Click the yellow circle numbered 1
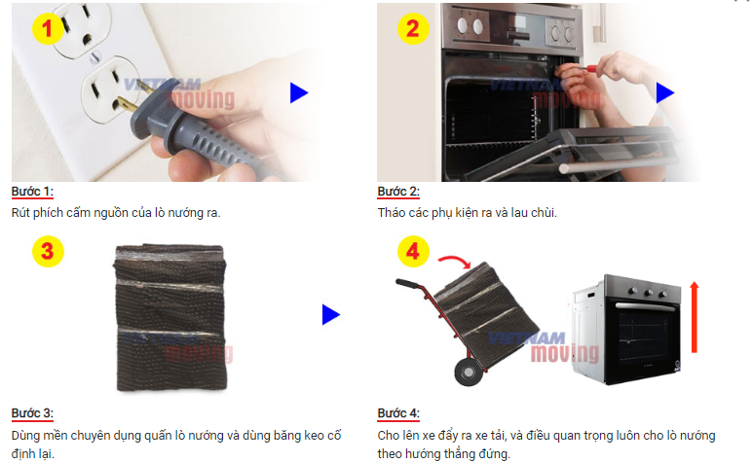pyautogui.click(x=48, y=29)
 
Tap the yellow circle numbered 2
pyautogui.click(x=413, y=29)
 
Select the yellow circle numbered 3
pyautogui.click(x=48, y=251)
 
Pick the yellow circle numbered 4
pyautogui.click(x=413, y=251)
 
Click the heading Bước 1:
pyautogui.click(x=32, y=192)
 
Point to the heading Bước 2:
pyautogui.click(x=398, y=192)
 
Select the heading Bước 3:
pyautogui.click(x=32, y=413)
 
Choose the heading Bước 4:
pyautogui.click(x=398, y=413)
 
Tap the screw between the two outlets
pyautogui.click(x=95, y=57)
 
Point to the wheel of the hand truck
pyautogui.click(x=468, y=371)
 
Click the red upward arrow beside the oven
pyautogui.click(x=694, y=317)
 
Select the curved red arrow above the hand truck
pyautogui.click(x=456, y=258)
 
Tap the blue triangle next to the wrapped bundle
pyautogui.click(x=331, y=314)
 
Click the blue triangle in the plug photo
pyautogui.click(x=298, y=92)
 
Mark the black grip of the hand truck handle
pyautogui.click(x=407, y=283)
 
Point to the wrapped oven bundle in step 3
pyautogui.click(x=170, y=317)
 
